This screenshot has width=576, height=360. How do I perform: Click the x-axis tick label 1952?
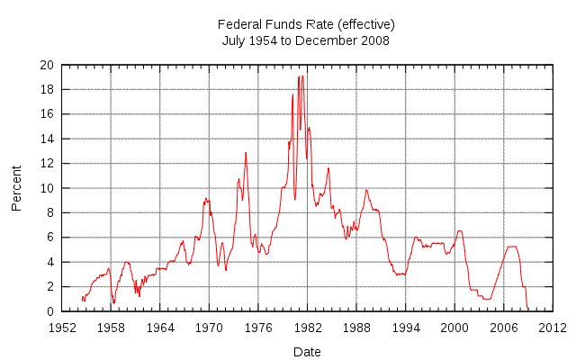click(62, 327)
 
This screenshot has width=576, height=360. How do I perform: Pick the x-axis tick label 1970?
click(209, 327)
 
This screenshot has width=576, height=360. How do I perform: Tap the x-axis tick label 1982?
click(307, 327)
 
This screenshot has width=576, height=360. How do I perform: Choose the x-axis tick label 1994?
click(405, 327)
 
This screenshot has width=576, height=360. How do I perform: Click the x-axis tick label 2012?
click(552, 327)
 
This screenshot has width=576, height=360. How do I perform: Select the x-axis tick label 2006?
click(503, 327)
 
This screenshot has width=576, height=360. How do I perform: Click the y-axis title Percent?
click(16, 189)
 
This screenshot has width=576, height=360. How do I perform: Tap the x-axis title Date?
click(307, 352)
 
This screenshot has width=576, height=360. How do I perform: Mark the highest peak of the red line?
click(302, 76)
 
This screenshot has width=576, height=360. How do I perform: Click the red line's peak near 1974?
click(246, 152)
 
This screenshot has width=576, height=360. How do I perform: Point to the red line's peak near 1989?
click(365, 189)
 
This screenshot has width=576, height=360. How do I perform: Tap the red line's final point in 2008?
click(527, 310)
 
